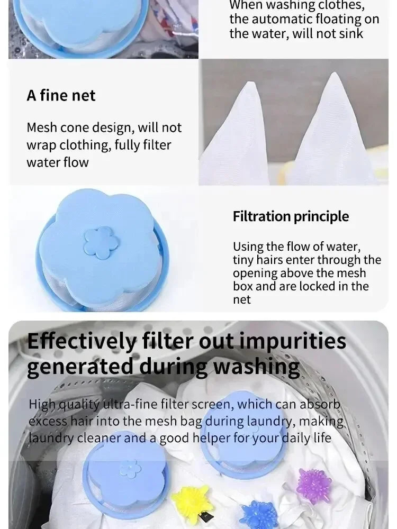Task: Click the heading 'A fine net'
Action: [61, 96]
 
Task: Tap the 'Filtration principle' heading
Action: [291, 216]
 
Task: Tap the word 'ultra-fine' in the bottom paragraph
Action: [126, 405]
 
